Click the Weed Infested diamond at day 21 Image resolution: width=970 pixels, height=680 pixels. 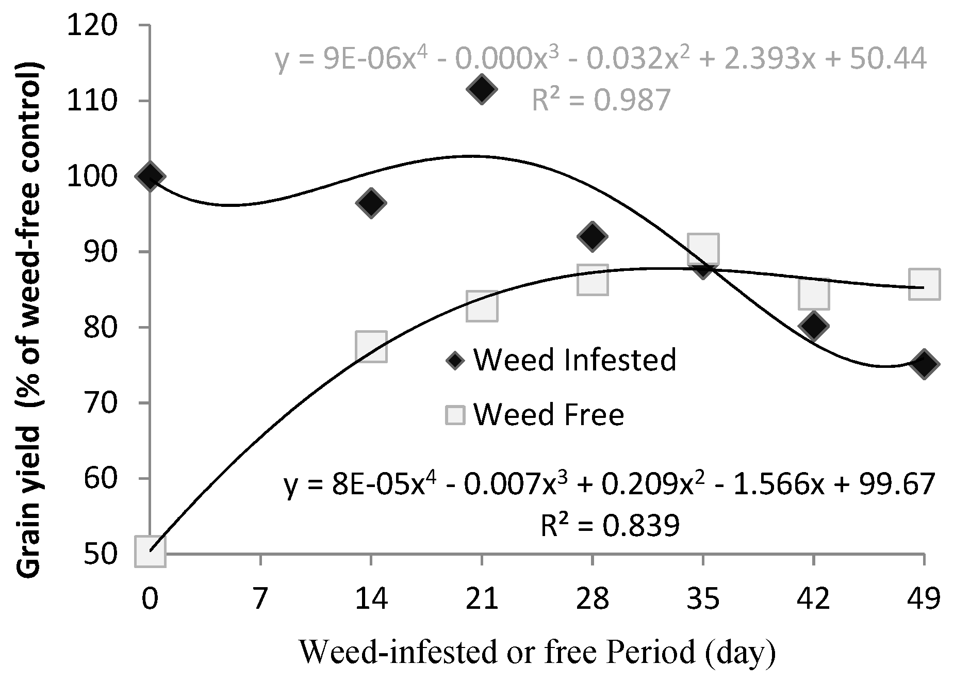coord(482,89)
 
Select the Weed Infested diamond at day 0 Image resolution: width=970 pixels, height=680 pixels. coord(150,176)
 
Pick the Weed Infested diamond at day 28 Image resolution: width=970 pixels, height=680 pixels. coord(593,236)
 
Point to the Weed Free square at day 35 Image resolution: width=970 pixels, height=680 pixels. coord(703,248)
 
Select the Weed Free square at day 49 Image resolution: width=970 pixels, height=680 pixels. coord(924,283)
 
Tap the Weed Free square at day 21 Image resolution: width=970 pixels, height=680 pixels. coord(482,306)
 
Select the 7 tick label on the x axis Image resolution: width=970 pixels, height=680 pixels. coord(260,600)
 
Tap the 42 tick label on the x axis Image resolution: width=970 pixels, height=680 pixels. coord(813,600)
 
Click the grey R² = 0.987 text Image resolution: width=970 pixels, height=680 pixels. coord(601,100)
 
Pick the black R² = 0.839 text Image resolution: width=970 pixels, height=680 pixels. coord(610,526)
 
